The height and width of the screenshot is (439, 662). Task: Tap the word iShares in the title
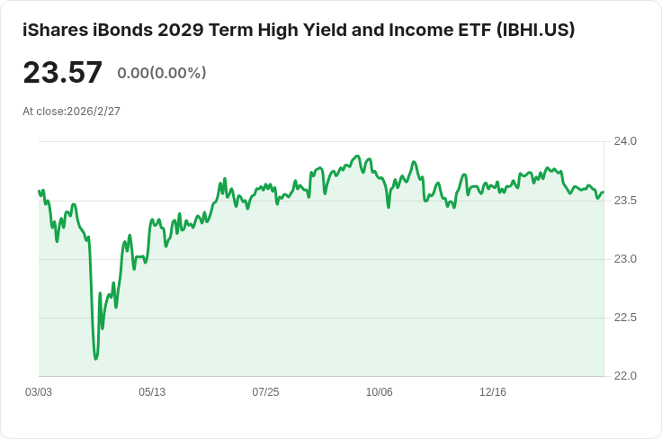point(54,30)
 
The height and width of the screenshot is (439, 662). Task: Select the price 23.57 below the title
point(63,73)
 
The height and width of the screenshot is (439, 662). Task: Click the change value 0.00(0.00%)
point(162,73)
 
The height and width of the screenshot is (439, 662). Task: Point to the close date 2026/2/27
point(94,112)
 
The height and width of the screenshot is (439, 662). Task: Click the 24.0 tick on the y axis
point(625,141)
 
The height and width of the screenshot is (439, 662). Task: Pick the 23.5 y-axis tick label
point(625,200)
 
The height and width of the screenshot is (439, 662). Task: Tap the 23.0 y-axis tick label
point(625,259)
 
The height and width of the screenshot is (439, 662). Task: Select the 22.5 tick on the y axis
point(625,318)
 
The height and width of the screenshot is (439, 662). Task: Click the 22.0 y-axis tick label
point(625,376)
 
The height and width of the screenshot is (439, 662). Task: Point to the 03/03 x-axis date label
point(39,392)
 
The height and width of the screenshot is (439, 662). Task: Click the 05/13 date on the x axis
point(152,392)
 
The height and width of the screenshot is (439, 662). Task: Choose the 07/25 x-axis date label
point(265,392)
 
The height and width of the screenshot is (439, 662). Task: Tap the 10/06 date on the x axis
point(380,392)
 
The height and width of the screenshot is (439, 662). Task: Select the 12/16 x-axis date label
point(493,392)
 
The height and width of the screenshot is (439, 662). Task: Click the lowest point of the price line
point(96,359)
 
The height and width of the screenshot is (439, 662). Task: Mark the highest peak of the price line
point(357,157)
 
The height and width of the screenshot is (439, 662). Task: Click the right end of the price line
point(603,193)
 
